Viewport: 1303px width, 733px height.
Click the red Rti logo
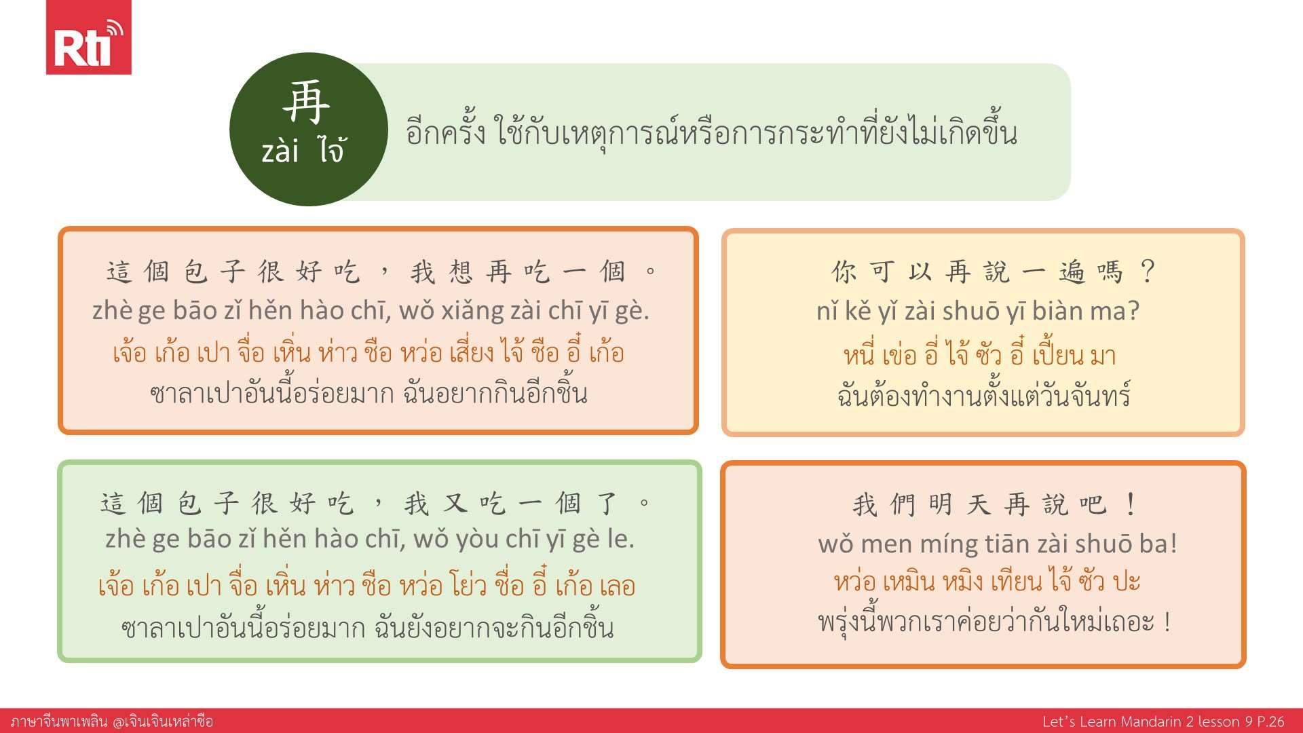88,37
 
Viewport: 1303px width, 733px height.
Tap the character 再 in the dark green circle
307,102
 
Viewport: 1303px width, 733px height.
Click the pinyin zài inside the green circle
280,151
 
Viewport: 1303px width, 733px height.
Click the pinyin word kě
858,311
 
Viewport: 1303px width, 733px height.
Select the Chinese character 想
460,271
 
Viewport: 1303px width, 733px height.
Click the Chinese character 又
455,504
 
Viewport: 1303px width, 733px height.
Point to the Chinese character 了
607,504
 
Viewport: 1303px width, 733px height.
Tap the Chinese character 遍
1072,271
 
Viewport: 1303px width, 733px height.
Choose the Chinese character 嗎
1110,271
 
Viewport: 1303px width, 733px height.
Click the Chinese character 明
941,504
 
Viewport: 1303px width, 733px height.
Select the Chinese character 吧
1093,504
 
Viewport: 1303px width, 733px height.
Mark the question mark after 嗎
1148,271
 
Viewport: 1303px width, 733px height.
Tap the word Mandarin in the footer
1150,721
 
